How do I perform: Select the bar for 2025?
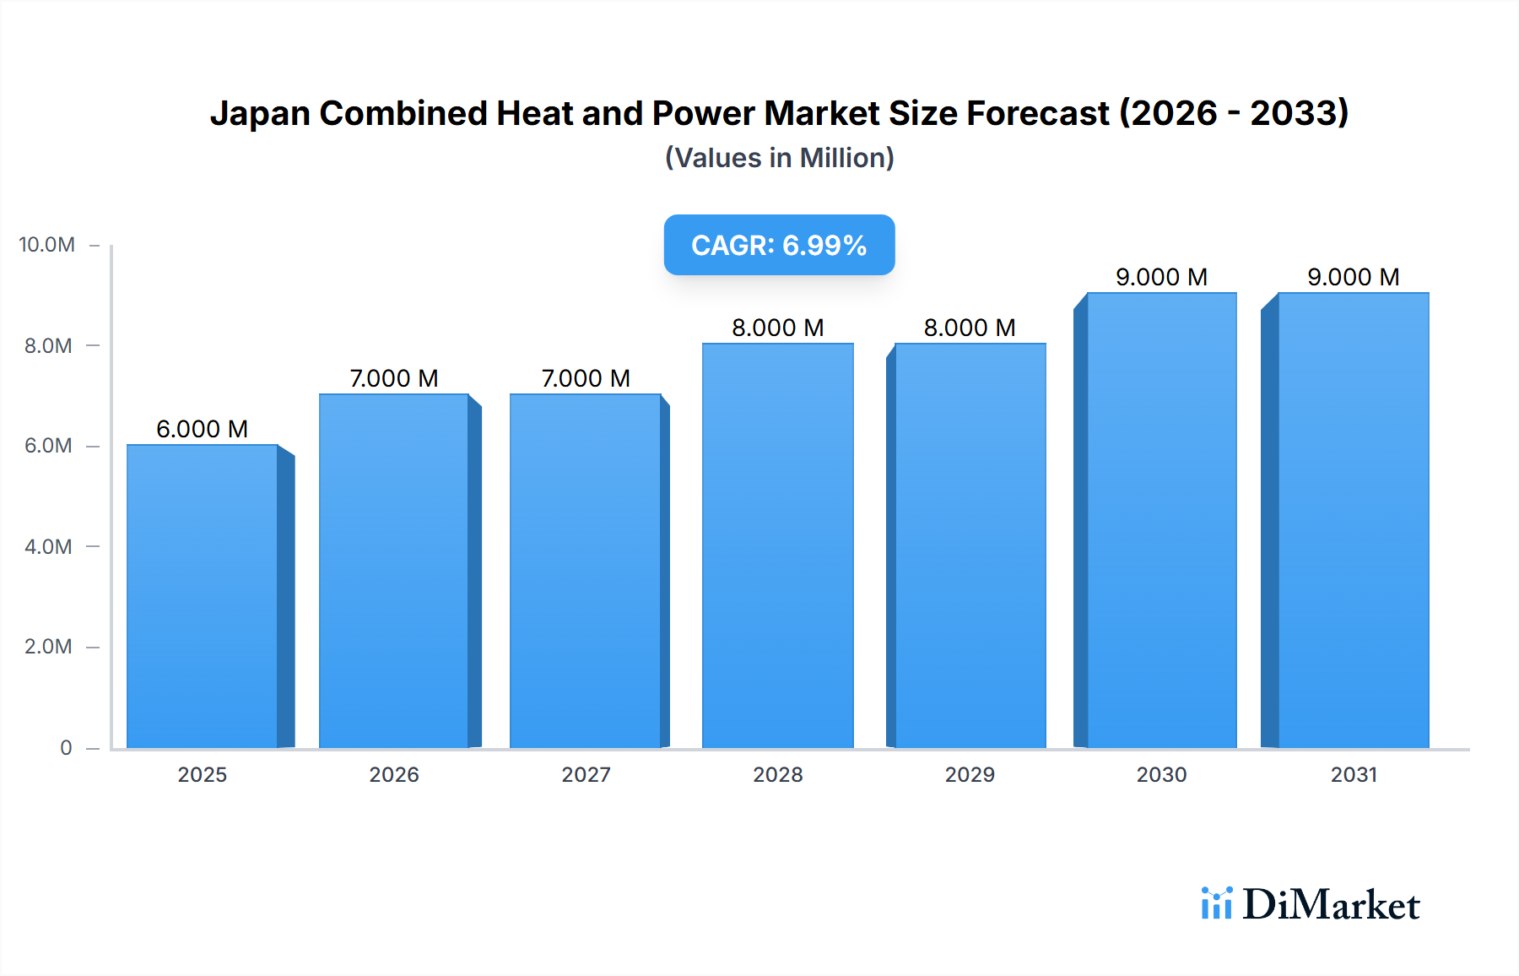pyautogui.click(x=203, y=596)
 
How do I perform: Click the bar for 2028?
pyautogui.click(x=777, y=545)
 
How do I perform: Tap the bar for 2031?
pyautogui.click(x=1353, y=520)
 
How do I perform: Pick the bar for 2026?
pyautogui.click(x=394, y=571)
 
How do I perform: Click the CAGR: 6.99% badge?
pyautogui.click(x=779, y=245)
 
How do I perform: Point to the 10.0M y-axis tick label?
pyautogui.click(x=47, y=245)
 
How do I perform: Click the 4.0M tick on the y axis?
pyautogui.click(x=48, y=546)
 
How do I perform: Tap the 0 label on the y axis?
pyautogui.click(x=66, y=747)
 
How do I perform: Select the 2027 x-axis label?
pyautogui.click(x=586, y=774)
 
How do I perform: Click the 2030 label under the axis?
pyautogui.click(x=1161, y=774)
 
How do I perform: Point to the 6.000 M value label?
pyautogui.click(x=202, y=429)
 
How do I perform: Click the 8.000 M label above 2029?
pyautogui.click(x=970, y=328)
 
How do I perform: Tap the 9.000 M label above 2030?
pyautogui.click(x=1161, y=277)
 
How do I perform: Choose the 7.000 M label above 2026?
pyautogui.click(x=394, y=378)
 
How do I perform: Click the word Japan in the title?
pyautogui.click(x=260, y=114)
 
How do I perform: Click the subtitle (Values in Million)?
pyautogui.click(x=779, y=158)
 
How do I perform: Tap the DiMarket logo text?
pyautogui.click(x=1331, y=905)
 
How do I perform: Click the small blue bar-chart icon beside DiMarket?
pyautogui.click(x=1216, y=903)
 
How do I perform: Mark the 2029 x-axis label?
pyautogui.click(x=970, y=774)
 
